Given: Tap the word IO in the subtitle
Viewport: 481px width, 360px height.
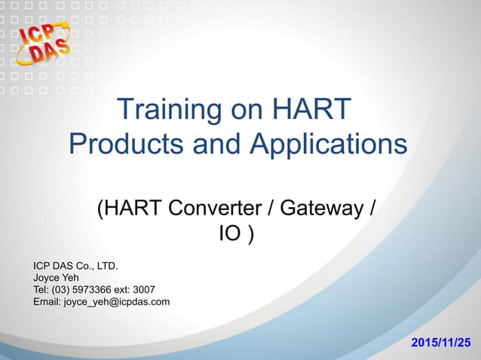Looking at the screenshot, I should (x=230, y=235).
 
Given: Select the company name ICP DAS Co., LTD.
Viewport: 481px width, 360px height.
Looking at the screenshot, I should (x=76, y=265).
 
